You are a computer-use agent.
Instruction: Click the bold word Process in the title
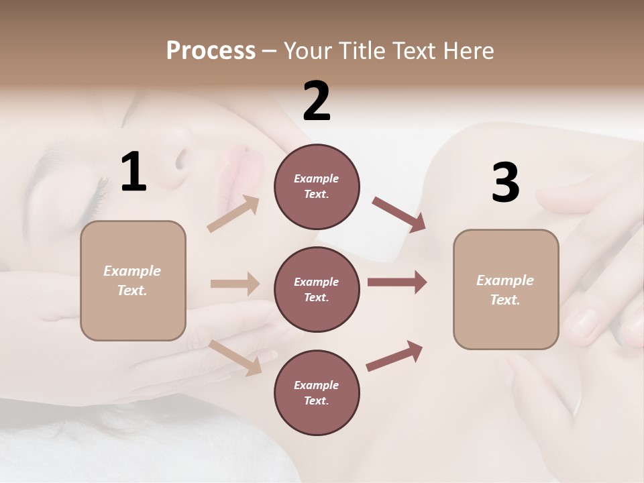pos(211,50)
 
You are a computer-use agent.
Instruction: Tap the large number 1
pos(133,172)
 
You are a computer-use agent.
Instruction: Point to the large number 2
pos(317,101)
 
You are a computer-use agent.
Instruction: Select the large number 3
pos(505,182)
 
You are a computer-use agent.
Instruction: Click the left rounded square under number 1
pos(133,280)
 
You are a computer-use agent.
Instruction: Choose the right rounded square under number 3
pos(506,289)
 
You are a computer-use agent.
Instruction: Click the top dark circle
pos(317,186)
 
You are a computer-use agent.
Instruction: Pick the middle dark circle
pos(317,289)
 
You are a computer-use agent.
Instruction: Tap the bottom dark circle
pos(317,392)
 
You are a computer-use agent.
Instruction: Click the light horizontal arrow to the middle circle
pos(235,284)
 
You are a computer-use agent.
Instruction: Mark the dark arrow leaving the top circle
pos(398,215)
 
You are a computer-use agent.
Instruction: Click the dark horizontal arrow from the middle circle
pos(396,282)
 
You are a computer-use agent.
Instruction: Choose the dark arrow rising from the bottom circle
pos(395,356)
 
